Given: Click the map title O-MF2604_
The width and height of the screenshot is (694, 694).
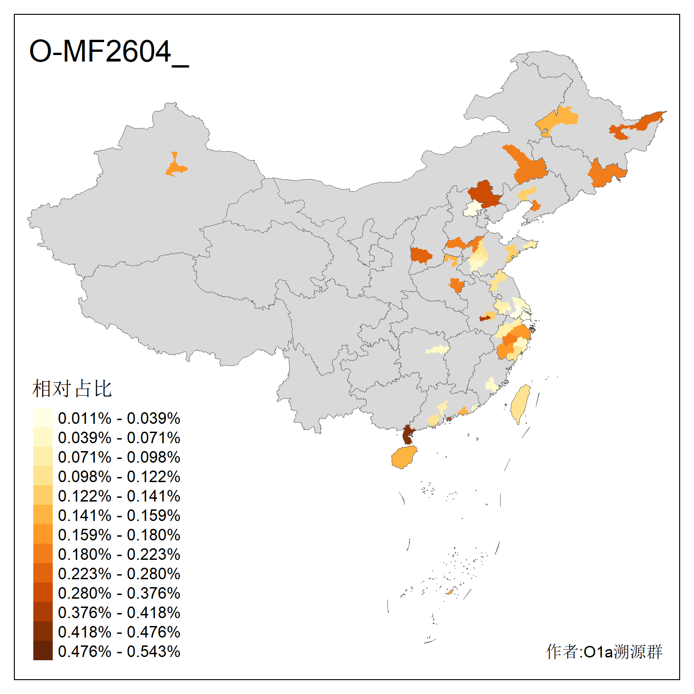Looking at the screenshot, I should coord(109,52).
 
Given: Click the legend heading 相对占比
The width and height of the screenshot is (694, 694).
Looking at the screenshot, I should coord(72,389).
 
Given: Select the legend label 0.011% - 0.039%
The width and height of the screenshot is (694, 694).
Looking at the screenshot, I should coord(119,418).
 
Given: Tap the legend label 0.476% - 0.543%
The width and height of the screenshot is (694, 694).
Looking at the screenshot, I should coord(119,651).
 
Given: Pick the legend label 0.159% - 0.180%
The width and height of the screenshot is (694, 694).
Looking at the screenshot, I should coord(119,535).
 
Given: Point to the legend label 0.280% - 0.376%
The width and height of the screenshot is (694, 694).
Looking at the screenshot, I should coord(119,593).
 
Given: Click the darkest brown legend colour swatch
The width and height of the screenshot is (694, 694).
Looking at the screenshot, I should coord(43,651).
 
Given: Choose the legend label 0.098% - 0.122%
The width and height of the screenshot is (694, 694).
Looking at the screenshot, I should coord(119,477).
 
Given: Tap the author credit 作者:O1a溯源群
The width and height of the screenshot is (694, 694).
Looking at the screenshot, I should coord(604,651).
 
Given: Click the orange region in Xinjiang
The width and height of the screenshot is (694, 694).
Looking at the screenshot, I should coord(175,167).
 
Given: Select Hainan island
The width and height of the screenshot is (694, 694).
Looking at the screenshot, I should coord(403,458).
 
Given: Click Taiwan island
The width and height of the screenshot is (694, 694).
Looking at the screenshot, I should coord(520,403).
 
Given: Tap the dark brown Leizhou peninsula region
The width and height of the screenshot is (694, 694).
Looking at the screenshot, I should coord(408,435).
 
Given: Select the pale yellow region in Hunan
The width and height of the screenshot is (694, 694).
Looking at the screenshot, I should coord(437,350).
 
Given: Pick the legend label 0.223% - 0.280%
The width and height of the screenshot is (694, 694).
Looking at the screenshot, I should coord(119,574).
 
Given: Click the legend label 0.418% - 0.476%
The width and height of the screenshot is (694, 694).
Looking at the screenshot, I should coord(119,632).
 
